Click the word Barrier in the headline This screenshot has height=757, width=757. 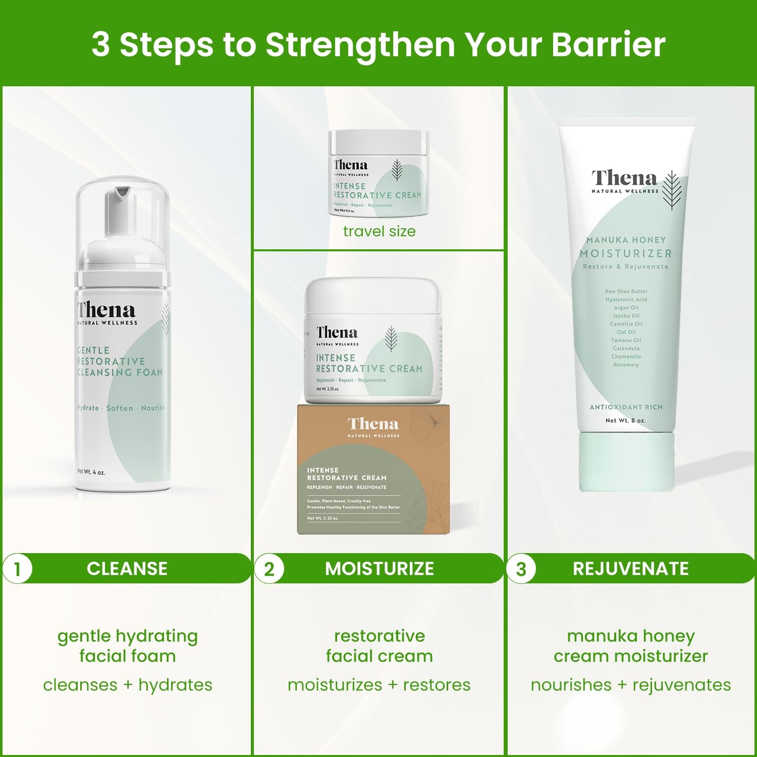pos(608,44)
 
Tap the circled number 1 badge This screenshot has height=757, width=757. pos(18,569)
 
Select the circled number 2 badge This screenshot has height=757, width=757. pos(269,569)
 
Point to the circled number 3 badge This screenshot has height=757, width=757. pos(521,569)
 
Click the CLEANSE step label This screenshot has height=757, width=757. pos(127,569)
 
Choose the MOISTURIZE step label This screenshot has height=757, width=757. pos(380,569)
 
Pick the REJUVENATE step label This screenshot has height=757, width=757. pos(631,569)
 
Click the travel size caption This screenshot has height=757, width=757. pos(380,231)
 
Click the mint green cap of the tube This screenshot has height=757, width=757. pos(626,462)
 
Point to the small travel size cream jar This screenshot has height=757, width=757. pos(378,173)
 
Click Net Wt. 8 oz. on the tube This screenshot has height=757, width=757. pos(625,420)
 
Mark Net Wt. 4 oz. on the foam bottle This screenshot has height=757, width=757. pos(91,472)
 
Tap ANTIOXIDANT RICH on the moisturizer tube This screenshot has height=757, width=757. pos(626,407)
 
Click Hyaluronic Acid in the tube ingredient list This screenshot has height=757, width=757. pos(626,299)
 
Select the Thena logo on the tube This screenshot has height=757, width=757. pos(625,179)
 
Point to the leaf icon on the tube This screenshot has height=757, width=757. pos(672,190)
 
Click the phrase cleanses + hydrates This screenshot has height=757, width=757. pos(128,685)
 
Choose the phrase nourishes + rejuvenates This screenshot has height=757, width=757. pos(631,685)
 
